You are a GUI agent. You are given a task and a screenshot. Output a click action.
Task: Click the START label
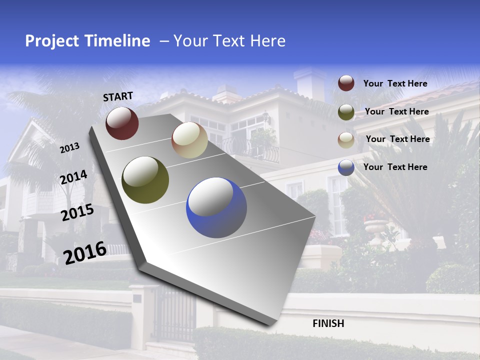118,96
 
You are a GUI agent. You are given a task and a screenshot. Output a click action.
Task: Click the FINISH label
328,323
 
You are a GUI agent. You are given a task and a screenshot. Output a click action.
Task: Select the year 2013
69,148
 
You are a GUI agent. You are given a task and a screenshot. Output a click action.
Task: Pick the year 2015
77,212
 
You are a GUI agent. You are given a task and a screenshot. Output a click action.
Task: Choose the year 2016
85,253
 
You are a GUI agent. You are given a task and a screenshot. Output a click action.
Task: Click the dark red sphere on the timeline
122,123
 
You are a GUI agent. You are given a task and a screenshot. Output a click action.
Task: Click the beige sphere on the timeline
189,140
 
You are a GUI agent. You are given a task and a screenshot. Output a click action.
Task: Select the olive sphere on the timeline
145,180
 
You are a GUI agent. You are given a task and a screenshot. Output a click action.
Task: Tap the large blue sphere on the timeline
216,207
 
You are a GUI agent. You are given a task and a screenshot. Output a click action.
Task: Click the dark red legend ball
346,83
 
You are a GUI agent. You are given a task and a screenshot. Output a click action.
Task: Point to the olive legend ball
346,112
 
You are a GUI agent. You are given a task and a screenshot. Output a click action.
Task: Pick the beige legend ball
346,140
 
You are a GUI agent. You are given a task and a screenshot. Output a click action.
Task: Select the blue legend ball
346,167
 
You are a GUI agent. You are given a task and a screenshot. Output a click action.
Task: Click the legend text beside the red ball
395,83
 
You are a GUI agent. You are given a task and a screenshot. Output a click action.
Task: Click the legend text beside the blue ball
395,167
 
